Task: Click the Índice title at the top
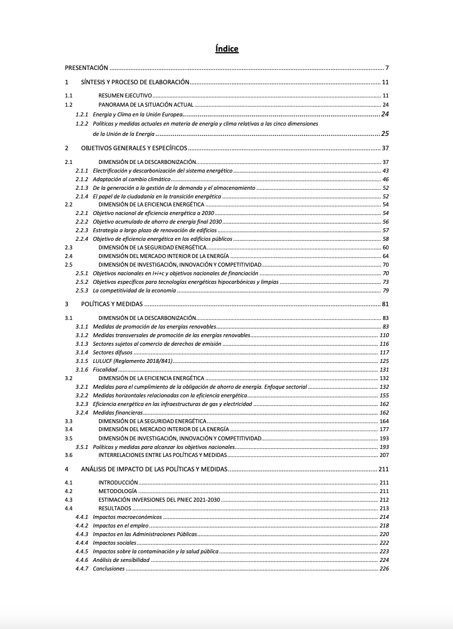point(227,49)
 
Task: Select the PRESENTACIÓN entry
point(86,68)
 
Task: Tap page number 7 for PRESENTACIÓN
point(387,68)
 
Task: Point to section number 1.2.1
point(82,114)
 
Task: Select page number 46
point(385,179)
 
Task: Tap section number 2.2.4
point(82,239)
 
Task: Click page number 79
point(385,290)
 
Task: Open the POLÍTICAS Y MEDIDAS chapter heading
point(112,304)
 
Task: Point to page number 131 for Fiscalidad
point(384,370)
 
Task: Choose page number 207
point(384,455)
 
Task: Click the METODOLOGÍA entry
point(117,491)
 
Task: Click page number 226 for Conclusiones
point(384,568)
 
